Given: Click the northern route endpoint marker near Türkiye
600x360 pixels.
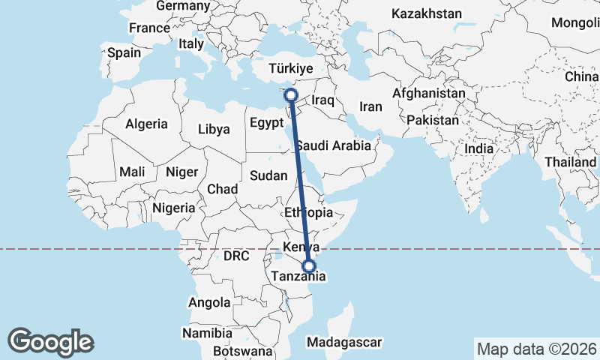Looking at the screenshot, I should (x=291, y=95).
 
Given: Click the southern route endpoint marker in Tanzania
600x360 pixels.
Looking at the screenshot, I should (x=308, y=265).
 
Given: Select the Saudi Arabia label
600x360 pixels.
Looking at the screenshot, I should (x=333, y=145).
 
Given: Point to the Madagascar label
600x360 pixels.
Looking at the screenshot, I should (x=345, y=342).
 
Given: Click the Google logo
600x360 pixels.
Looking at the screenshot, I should (x=50, y=342).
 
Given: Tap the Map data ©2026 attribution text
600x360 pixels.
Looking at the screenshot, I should (x=536, y=349).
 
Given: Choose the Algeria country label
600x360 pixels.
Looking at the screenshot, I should (x=147, y=124).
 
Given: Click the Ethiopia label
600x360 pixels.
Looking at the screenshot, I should (x=309, y=213).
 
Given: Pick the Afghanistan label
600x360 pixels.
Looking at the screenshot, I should (x=428, y=93).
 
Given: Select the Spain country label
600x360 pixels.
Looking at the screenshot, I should (x=124, y=53).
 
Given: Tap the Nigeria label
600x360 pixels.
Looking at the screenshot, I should (x=173, y=208).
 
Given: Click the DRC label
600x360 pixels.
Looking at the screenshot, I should (x=235, y=256).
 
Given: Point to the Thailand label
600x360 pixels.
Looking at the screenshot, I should (x=570, y=162).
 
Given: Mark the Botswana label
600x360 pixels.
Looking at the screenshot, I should (x=242, y=351).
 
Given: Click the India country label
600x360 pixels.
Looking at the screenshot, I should (x=478, y=148).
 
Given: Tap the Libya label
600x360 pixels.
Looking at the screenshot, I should (x=214, y=129).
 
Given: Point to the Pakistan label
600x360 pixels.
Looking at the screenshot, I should (x=433, y=120).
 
